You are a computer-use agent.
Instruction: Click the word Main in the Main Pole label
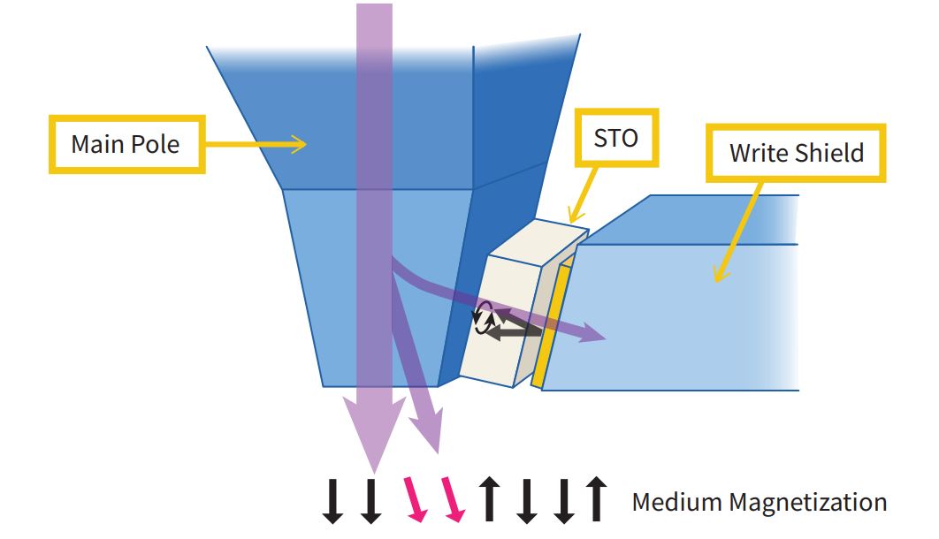(98, 143)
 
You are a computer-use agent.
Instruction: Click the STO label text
(616, 138)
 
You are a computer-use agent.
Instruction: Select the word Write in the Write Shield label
(759, 153)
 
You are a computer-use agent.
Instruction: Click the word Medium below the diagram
(676, 503)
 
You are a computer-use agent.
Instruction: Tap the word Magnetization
(806, 503)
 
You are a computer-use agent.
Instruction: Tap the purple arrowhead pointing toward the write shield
(590, 333)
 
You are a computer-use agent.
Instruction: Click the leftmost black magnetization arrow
(332, 500)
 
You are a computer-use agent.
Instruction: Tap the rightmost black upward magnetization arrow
(597, 500)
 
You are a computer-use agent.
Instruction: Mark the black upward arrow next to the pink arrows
(488, 500)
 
